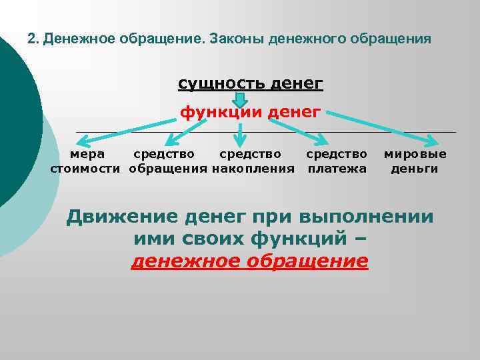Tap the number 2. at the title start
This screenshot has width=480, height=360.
pos(33,39)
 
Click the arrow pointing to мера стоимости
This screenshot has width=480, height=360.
pos(127,129)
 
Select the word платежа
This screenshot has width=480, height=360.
pos(337,169)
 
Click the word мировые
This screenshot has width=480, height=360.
pos(415,154)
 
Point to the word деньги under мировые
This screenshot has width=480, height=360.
pos(415,169)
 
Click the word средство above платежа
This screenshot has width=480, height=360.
pos(337,154)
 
